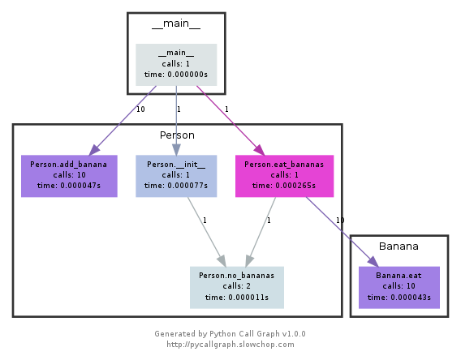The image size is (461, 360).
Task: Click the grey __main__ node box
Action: tap(176, 63)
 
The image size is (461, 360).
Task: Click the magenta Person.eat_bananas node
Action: tap(284, 175)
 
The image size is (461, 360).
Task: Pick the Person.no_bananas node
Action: tap(237, 286)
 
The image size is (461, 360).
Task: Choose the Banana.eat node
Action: tap(399, 286)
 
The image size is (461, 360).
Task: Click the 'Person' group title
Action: tap(177, 135)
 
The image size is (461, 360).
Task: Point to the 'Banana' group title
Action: tap(399, 246)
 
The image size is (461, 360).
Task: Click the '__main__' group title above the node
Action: tap(176, 24)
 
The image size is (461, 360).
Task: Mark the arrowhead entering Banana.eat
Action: tap(371, 261)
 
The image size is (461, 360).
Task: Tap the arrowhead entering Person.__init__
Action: tap(176, 149)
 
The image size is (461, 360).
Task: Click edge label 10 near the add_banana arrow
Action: tap(140, 109)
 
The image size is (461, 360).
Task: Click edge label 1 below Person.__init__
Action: tap(205, 220)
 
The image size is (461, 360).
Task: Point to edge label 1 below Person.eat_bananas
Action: tap(269, 220)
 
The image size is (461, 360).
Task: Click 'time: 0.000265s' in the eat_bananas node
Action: tap(284, 185)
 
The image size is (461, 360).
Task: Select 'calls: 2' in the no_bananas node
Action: tap(237, 286)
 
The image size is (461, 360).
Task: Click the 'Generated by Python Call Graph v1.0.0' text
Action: tap(230, 333)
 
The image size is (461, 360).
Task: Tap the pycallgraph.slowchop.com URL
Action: tap(230, 344)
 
